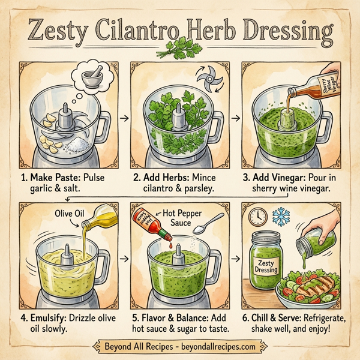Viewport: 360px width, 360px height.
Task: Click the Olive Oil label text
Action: tap(71, 214)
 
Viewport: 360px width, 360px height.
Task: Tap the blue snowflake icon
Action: tap(281, 215)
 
